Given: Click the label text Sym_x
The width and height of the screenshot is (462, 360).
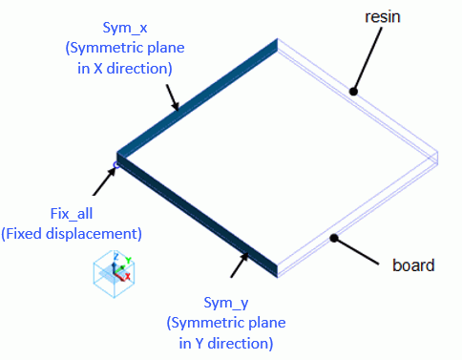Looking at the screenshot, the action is tap(125, 28).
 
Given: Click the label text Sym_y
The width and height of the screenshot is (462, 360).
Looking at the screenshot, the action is tap(226, 303).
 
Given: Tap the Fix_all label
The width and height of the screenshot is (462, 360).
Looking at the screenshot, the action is tap(72, 214).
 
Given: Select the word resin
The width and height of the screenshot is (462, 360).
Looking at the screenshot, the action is tap(383, 17).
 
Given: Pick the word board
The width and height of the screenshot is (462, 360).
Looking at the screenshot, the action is tap(413, 265).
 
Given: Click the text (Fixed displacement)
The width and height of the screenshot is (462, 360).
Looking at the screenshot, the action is tap(72, 234).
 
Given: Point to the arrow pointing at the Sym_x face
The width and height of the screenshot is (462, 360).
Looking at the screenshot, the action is tap(172, 97).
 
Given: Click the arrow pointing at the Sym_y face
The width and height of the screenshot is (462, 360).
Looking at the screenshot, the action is tap(240, 265).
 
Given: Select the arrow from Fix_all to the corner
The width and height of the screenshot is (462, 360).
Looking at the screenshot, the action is tap(104, 181).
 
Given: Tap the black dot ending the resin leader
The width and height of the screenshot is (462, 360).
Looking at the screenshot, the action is tap(353, 92).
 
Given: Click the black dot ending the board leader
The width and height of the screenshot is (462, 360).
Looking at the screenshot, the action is tap(333, 238).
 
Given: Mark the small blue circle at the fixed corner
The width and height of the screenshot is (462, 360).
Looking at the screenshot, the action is tap(115, 164).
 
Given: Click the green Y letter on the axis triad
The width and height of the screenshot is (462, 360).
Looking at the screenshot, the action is tap(128, 260).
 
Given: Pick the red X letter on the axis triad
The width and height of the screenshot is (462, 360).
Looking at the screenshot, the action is tap(127, 276).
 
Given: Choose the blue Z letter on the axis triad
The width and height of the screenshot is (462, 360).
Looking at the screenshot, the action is tap(115, 257).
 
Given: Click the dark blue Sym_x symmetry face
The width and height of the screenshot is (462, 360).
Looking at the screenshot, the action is tap(198, 98).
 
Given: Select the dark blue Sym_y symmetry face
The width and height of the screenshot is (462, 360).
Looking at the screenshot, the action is tap(198, 216).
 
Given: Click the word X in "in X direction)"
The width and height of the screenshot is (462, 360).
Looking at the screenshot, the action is tap(98, 69).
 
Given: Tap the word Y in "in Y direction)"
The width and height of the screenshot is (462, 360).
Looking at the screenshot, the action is tap(199, 344).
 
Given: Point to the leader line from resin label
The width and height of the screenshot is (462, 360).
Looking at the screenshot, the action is tap(367, 59).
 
